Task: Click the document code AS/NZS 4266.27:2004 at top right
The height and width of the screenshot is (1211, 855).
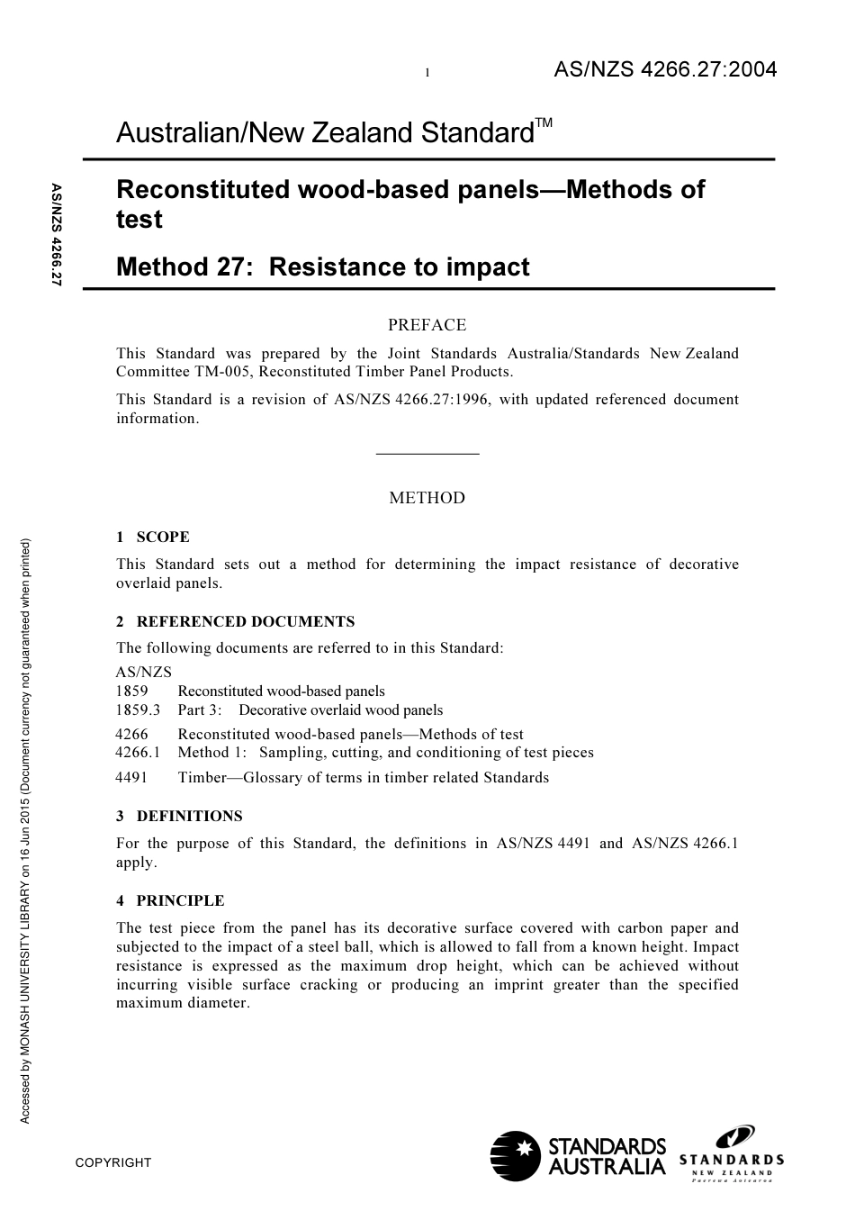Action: [x=664, y=70]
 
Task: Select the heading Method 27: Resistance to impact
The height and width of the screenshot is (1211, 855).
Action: [x=322, y=267]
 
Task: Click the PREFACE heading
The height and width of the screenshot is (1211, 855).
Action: [x=427, y=325]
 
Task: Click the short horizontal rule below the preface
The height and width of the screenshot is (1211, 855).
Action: [x=427, y=454]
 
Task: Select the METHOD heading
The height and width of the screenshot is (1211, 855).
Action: [x=427, y=498]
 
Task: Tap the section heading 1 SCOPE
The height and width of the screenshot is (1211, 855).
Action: [x=153, y=538]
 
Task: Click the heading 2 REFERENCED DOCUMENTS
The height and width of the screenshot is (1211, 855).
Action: [x=236, y=622]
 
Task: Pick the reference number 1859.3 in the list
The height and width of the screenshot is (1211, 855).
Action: [x=138, y=710]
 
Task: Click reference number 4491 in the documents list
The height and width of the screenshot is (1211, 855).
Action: [x=131, y=778]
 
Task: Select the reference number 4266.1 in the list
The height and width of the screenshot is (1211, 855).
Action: [x=138, y=753]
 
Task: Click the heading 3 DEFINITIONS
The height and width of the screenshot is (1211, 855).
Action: [x=179, y=817]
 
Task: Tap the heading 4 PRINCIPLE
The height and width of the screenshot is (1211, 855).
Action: [x=170, y=901]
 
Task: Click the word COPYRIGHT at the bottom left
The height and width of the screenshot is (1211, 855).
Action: [x=113, y=1162]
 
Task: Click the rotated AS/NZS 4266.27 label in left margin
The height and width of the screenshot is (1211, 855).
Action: [x=56, y=235]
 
